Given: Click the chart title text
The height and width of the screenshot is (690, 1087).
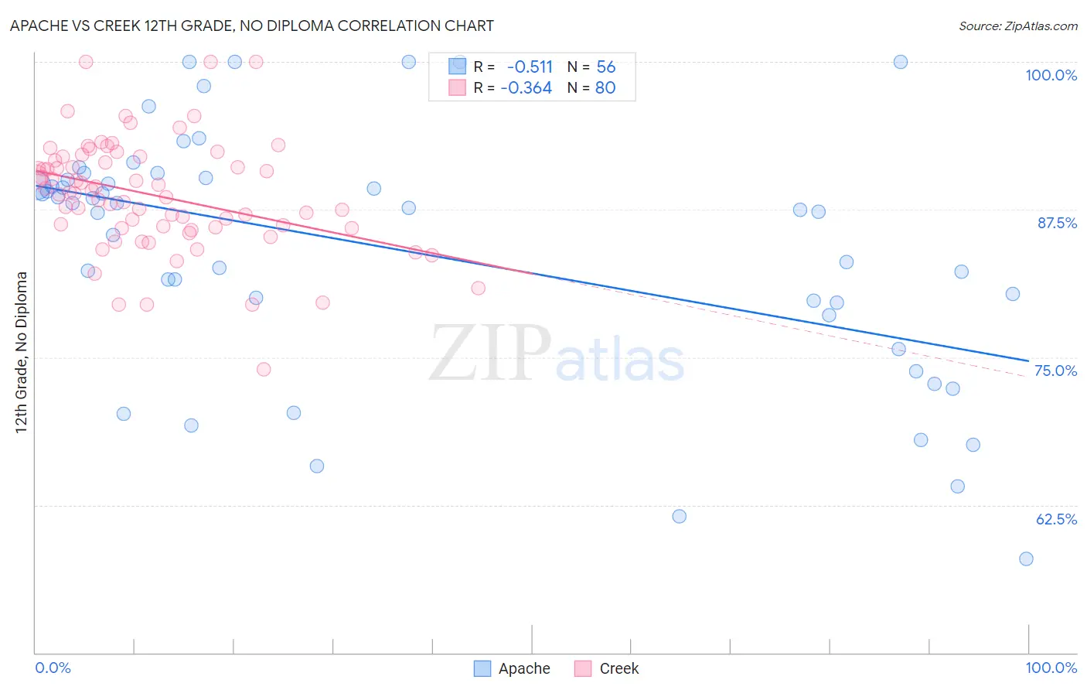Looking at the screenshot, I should pos(251,26).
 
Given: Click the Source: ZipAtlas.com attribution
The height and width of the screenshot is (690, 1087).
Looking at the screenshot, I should pos(1017,26).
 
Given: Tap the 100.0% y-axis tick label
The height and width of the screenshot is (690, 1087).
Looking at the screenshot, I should pos(1051,75).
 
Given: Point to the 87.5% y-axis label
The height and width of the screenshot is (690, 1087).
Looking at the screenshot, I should pos(1057,223).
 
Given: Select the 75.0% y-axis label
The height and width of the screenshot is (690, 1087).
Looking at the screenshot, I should pos(1055,371).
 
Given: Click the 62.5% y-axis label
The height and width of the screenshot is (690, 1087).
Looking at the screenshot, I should pos(1056,519).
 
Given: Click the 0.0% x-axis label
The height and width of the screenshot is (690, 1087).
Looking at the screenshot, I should pos(53,668).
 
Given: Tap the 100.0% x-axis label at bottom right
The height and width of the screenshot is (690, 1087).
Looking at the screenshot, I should pos(1051,668).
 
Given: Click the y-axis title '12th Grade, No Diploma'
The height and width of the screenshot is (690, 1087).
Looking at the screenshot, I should pos(22,352).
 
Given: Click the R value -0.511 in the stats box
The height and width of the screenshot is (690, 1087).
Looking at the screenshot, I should pos(530,67).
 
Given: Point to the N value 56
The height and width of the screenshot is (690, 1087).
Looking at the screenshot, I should pos(606,67).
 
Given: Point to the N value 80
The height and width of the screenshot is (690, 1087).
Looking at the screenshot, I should pos(605,88).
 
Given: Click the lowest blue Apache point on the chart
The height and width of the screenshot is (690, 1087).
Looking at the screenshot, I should pos(1026,558).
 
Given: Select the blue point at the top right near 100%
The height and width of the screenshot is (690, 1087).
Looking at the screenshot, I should pos(901,62).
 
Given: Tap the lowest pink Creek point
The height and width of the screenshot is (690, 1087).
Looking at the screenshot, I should pos(264,369).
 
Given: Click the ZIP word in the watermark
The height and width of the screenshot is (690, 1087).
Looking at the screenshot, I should pos(490,354).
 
